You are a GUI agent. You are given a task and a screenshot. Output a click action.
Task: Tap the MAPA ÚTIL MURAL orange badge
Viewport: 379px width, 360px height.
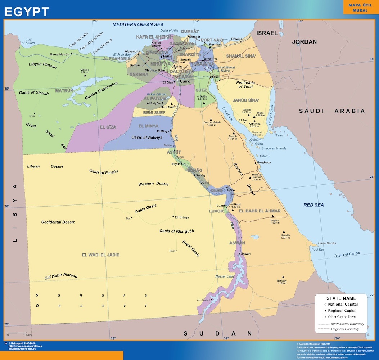[x=360, y=8]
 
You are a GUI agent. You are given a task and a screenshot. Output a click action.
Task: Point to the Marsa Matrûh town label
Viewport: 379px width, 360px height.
[x=59, y=54]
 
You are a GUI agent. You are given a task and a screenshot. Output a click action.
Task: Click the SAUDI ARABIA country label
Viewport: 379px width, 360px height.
[x=332, y=111]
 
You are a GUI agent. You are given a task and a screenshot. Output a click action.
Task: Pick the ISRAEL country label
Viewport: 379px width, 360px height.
[x=267, y=33]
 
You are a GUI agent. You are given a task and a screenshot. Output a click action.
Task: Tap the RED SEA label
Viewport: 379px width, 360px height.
[x=313, y=205]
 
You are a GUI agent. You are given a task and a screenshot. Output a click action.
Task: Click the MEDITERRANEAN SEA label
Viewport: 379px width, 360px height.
[x=138, y=24]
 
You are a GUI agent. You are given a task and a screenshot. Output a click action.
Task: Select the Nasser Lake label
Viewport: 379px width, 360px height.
[x=225, y=276]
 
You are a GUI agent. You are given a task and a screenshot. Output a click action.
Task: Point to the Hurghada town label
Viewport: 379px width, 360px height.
[x=264, y=163]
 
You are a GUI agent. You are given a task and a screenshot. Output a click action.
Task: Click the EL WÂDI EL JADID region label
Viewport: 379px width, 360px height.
[x=100, y=255]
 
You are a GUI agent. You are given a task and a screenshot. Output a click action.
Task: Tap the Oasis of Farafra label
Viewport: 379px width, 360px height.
[x=104, y=172]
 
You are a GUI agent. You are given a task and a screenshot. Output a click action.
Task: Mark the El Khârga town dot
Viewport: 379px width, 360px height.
[x=173, y=217]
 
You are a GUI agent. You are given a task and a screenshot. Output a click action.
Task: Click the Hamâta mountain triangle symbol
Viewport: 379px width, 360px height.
[x=284, y=232]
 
